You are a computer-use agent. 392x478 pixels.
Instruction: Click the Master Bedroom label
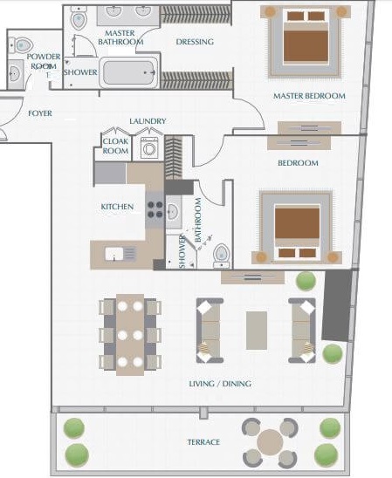click(x=308, y=96)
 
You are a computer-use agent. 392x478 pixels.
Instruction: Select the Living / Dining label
click(x=220, y=383)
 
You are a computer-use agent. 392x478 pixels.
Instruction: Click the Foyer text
click(x=39, y=113)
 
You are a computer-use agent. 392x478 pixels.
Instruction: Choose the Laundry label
click(x=147, y=121)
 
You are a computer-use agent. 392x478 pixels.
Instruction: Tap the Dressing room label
click(x=195, y=41)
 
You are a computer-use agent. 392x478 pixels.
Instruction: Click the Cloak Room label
click(x=116, y=145)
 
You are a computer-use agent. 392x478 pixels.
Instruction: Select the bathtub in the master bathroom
click(x=128, y=72)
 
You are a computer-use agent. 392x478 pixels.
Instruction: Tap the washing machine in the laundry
click(x=148, y=147)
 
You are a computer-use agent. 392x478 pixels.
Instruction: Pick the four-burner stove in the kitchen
click(x=155, y=209)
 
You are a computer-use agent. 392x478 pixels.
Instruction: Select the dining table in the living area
click(x=131, y=334)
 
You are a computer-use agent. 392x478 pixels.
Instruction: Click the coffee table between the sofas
click(x=257, y=331)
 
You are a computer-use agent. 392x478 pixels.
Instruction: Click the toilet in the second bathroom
click(x=221, y=253)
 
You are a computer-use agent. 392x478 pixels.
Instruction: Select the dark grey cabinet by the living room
click(x=336, y=305)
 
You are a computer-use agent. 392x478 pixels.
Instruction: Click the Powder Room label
click(x=43, y=61)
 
